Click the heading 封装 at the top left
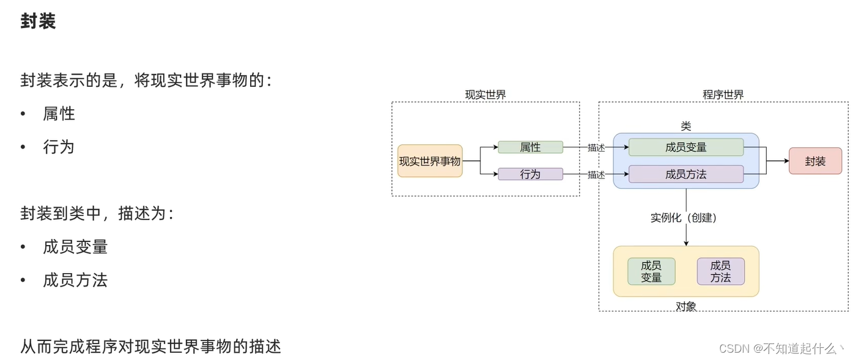[x=38, y=21]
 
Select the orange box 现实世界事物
[x=430, y=161]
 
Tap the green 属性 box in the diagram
[x=530, y=147]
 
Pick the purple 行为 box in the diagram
[x=530, y=174]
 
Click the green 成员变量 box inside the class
[x=686, y=147]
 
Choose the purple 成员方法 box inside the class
[x=686, y=174]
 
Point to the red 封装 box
[x=815, y=161]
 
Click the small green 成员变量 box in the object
[x=651, y=271]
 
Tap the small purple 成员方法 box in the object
[x=720, y=271]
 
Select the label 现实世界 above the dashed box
[x=486, y=95]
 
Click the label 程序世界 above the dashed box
[x=723, y=95]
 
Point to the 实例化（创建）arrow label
[x=684, y=218]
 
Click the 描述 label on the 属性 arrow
[x=596, y=148]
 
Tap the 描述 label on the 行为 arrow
[x=596, y=175]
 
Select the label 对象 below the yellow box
[x=686, y=306]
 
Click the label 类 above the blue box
[x=686, y=126]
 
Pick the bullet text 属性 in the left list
[x=59, y=114]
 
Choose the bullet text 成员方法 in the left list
[x=75, y=281]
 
